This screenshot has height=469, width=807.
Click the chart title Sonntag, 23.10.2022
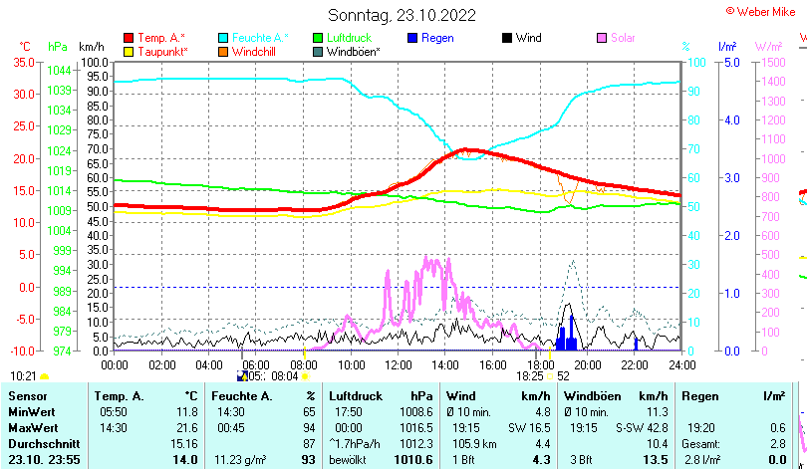(403, 15)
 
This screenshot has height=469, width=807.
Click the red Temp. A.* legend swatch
(129, 38)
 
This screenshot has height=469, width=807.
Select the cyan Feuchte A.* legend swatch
(224, 38)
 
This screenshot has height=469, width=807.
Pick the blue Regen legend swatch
(413, 38)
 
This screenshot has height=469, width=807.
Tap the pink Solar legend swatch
(603, 38)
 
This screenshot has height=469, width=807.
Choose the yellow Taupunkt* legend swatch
(129, 51)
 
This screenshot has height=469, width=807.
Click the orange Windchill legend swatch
(224, 51)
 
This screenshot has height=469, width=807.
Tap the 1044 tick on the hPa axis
(59, 70)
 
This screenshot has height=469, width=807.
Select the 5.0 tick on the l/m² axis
(730, 62)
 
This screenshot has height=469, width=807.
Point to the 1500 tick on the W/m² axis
(769, 62)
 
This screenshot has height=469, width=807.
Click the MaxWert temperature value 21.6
(186, 427)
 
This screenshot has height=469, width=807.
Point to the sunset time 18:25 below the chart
(529, 376)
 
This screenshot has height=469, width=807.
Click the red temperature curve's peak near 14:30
(466, 150)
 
